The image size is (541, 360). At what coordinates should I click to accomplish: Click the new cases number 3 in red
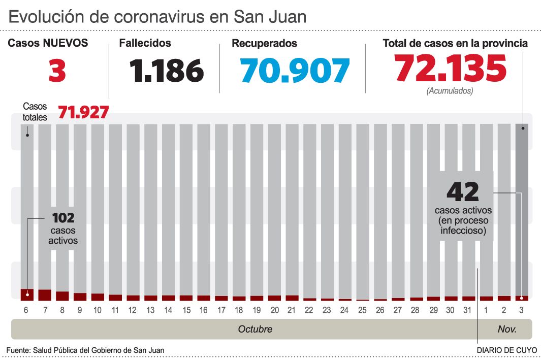[57, 71]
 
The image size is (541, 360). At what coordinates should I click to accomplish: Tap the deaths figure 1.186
[166, 71]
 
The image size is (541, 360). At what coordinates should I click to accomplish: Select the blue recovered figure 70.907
[295, 71]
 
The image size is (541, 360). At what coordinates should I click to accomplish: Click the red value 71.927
[83, 112]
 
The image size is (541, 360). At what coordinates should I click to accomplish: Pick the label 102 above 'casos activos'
[63, 218]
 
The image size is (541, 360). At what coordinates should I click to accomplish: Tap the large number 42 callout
[462, 192]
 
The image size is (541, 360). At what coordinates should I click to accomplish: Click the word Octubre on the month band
[255, 329]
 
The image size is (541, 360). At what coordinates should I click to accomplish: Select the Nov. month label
[507, 329]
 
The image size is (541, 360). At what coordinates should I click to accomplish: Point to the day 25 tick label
[362, 310]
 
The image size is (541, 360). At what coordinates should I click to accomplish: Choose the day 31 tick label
[468, 310]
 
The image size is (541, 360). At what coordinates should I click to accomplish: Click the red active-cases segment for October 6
[27, 294]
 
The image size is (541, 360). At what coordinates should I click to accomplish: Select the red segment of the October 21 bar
[292, 298]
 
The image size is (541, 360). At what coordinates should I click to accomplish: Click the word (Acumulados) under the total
[450, 91]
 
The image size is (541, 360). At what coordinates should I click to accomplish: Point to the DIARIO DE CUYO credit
[506, 350]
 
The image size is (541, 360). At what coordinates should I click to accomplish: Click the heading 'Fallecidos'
[145, 44]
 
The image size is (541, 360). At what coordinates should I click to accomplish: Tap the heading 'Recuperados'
[264, 44]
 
